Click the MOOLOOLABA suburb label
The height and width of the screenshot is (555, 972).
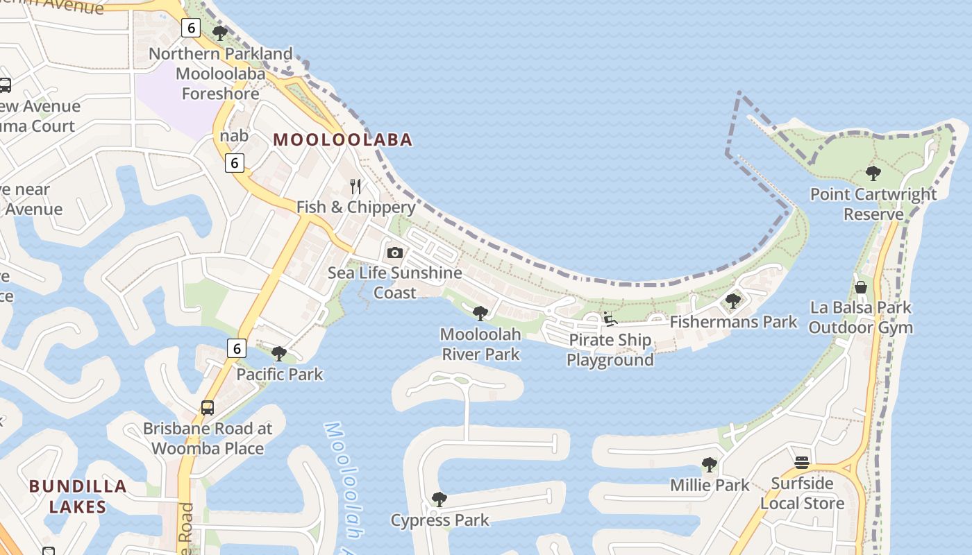click(x=343, y=139)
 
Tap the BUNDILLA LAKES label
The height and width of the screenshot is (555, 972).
click(x=78, y=496)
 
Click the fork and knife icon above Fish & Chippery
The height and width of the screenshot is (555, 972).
click(x=355, y=187)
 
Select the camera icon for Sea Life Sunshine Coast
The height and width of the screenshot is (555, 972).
click(x=394, y=253)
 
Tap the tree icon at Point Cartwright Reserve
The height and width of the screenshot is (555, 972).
click(x=873, y=173)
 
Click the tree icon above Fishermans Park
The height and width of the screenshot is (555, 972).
click(x=732, y=300)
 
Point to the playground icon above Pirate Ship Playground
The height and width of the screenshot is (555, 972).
click(x=610, y=319)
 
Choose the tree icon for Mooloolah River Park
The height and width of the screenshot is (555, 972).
click(x=480, y=313)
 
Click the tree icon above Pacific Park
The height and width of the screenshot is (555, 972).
click(x=279, y=354)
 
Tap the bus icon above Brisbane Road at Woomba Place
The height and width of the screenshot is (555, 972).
click(x=208, y=407)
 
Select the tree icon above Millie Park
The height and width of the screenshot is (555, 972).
click(x=709, y=464)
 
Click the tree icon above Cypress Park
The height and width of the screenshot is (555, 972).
click(x=439, y=499)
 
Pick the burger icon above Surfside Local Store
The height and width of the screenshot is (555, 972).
click(x=802, y=462)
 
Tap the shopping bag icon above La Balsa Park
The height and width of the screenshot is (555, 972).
click(x=861, y=287)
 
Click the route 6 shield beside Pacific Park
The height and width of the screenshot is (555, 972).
click(x=237, y=348)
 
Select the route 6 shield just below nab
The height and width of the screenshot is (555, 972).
click(x=235, y=163)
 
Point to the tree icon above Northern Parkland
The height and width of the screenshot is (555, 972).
click(x=220, y=33)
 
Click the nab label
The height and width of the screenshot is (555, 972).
click(x=234, y=136)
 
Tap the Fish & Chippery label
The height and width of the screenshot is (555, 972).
click(x=355, y=207)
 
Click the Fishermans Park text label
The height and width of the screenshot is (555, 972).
click(x=733, y=322)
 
